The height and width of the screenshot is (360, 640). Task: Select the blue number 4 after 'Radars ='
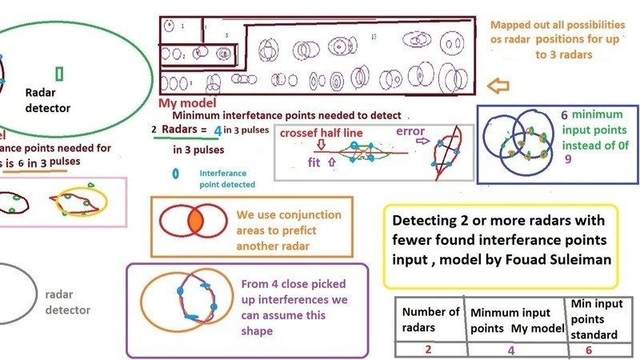coord(218,130)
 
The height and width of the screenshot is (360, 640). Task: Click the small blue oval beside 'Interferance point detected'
coord(175,172)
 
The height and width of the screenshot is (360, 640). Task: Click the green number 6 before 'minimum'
coord(563,115)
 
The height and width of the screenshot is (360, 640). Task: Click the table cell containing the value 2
coord(431,349)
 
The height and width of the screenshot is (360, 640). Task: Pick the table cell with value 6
coord(590,349)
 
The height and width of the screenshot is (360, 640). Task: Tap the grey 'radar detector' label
coord(68,302)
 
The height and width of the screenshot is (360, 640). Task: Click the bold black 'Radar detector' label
coord(48,100)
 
